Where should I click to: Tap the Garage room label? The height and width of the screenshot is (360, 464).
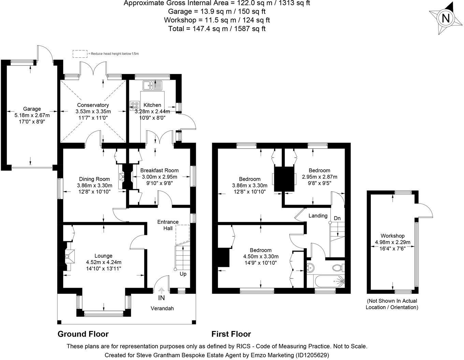point(32,109)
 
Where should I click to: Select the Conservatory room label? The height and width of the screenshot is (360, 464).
point(93,105)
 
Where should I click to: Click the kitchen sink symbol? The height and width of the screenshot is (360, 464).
point(152,85)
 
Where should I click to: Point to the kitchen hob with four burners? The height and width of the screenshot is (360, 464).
point(135,106)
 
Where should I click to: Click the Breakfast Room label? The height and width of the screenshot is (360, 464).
point(159,170)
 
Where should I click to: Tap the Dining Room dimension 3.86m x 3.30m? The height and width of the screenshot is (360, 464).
point(95,185)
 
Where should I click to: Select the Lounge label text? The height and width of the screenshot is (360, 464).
point(103,256)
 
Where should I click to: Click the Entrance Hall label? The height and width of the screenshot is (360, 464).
point(168,225)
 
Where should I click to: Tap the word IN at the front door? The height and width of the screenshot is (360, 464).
point(161,298)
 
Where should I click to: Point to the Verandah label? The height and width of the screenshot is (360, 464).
point(162,308)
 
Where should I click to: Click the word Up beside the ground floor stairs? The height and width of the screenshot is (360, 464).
point(183,274)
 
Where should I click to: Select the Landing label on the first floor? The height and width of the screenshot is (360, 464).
point(318,216)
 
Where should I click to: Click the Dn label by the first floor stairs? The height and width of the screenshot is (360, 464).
point(337,218)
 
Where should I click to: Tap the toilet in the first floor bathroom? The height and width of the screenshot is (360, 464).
point(338,268)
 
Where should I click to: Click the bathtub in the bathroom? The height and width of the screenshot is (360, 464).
point(330,282)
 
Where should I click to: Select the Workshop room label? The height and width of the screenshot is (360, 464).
point(392,236)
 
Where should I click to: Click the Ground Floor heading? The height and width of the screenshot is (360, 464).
point(83,334)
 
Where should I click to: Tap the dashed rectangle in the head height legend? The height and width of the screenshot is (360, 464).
point(80,54)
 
